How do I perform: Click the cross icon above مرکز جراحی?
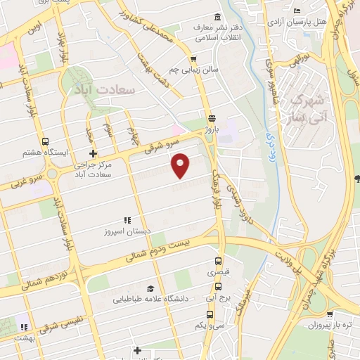[x=92, y=153]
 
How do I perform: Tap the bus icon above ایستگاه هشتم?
[x=46, y=141]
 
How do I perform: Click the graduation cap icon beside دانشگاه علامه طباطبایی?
[x=149, y=288]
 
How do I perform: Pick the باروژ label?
[x=212, y=130]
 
